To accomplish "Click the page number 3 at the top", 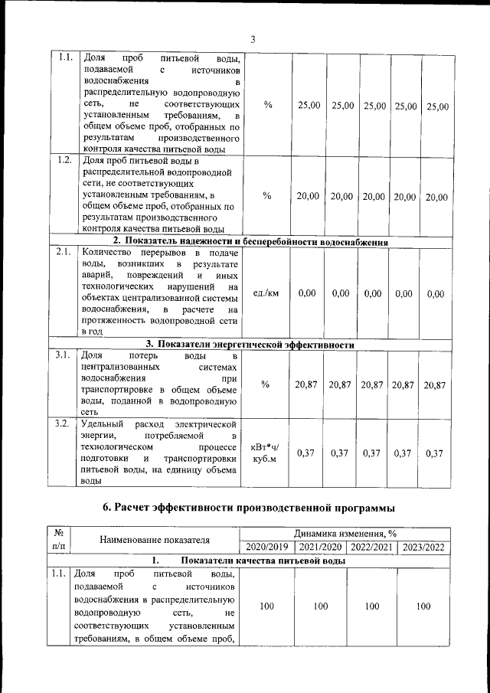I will click(252, 40).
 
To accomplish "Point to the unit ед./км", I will click(266, 293).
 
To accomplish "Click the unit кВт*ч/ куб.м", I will click(266, 453).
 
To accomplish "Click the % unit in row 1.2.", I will click(266, 196).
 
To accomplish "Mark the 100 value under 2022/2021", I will click(372, 606).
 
